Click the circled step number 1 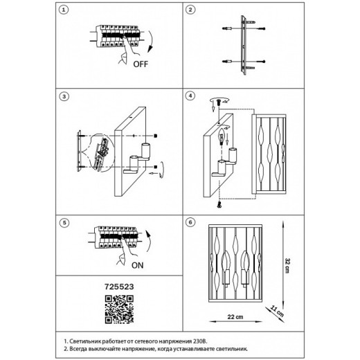coord(64,10)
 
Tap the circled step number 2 coord(190,10)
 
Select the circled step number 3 coord(64,96)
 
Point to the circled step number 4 coord(190,96)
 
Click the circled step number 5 coord(64,223)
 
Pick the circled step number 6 coord(190,222)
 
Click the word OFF coord(141,64)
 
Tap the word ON coord(138,265)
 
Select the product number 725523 coord(119,287)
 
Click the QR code coord(119,309)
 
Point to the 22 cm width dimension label coord(235,317)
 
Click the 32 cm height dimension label coord(287,266)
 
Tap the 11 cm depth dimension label coord(277,312)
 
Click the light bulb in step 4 coord(222,136)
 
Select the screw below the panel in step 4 coord(219,204)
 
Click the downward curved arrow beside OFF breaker coord(151,42)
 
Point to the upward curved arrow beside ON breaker coord(149,242)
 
